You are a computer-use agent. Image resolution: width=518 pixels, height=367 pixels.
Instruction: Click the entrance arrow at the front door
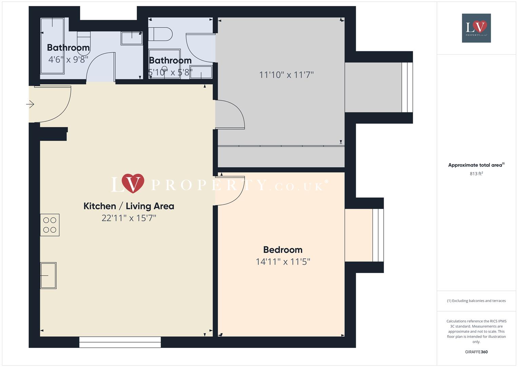coord(30,104)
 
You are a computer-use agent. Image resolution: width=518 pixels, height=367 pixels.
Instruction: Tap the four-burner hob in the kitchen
coord(50,225)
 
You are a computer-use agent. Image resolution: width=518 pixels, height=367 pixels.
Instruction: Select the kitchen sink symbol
coord(48,276)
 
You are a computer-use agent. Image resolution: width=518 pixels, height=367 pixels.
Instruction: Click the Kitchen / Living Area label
coord(129,206)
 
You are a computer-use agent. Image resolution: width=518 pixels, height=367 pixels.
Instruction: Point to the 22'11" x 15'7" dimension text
coord(129,218)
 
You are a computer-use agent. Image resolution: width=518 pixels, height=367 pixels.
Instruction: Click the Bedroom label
coord(283,249)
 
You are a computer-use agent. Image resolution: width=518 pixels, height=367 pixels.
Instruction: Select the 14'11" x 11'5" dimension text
coord(283,262)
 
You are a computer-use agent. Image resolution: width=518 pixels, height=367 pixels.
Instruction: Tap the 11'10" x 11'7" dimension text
coord(286,75)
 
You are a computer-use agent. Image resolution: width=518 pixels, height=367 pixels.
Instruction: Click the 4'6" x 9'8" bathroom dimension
coord(68,59)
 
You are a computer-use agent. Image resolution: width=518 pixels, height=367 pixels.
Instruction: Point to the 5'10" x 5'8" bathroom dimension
coord(170,72)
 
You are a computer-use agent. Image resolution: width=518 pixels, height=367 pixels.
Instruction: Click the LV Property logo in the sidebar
coord(476,28)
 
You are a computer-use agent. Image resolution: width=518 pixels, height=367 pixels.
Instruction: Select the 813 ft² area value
coord(476,174)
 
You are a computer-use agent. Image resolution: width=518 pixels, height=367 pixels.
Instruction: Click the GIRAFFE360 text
coord(476,352)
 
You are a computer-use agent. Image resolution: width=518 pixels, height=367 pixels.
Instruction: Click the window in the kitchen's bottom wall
coord(120,342)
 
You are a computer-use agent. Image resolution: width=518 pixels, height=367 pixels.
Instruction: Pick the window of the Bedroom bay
coord(378,235)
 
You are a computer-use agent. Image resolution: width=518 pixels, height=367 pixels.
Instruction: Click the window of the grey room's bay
coord(407,87)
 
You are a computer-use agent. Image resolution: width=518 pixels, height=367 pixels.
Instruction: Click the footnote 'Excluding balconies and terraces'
coord(476,301)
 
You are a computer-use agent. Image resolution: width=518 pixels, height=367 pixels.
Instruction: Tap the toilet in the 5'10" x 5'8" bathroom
coord(160,34)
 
